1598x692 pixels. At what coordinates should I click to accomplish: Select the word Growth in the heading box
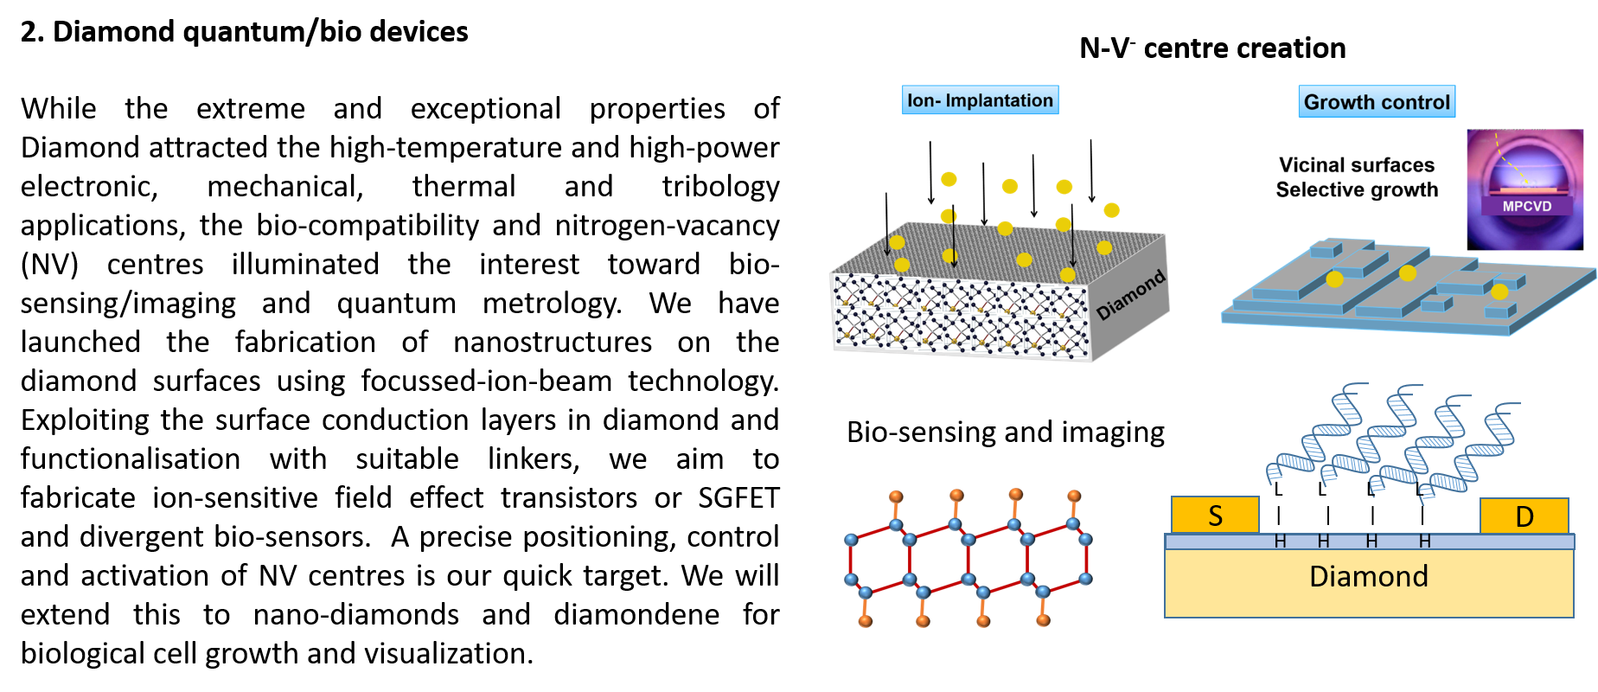point(1339,102)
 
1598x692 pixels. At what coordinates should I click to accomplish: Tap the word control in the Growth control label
point(1415,102)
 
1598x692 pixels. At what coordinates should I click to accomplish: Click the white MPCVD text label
point(1526,207)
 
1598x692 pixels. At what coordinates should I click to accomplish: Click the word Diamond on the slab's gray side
point(1131,295)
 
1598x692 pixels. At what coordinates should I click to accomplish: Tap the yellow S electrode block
point(1215,516)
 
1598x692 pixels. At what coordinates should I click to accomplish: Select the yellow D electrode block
point(1524,516)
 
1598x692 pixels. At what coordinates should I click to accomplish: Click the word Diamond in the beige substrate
point(1368,577)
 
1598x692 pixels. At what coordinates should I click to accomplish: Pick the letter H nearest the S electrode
point(1281,541)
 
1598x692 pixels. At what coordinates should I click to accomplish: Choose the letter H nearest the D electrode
point(1425,541)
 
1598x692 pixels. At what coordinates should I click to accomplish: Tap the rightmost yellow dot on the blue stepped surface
point(1499,292)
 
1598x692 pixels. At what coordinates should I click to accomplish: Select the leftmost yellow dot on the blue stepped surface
point(1334,279)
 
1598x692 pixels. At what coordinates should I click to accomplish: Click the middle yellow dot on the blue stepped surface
point(1408,273)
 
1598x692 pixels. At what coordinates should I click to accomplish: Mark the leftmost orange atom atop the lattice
point(896,497)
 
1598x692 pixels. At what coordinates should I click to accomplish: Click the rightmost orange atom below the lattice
point(1043,620)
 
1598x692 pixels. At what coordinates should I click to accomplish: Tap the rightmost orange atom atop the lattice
point(1074,496)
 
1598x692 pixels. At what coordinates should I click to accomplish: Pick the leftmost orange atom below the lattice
point(865,621)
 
